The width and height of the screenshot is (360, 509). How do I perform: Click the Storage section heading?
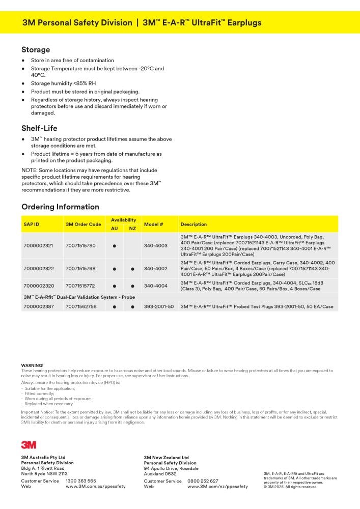[36, 50]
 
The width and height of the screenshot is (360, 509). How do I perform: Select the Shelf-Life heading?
[39, 128]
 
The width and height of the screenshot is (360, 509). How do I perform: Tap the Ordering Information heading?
[60, 207]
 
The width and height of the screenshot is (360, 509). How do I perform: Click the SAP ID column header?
[32, 224]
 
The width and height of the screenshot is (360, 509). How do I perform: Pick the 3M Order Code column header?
[84, 224]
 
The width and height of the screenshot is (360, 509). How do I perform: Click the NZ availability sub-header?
[132, 229]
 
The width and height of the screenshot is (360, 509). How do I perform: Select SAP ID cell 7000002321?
[38, 245]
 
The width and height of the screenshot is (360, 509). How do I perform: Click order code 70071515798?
[80, 268]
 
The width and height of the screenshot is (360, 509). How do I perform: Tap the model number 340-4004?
[155, 286]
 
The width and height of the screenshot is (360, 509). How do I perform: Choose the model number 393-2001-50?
[159, 307]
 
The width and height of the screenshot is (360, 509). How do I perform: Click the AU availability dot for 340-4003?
[115, 245]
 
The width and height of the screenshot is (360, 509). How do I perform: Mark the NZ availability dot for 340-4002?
[132, 268]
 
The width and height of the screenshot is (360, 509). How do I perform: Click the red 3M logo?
[29, 444]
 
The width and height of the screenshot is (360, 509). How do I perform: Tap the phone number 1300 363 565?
[80, 480]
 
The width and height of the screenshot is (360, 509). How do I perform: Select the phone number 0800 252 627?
[203, 481]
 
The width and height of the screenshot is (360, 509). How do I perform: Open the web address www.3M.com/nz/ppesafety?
[217, 487]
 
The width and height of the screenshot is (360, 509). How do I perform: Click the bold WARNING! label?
[32, 365]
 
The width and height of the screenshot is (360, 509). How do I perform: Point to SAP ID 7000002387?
[38, 307]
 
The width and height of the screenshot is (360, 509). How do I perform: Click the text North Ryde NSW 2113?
[44, 473]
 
